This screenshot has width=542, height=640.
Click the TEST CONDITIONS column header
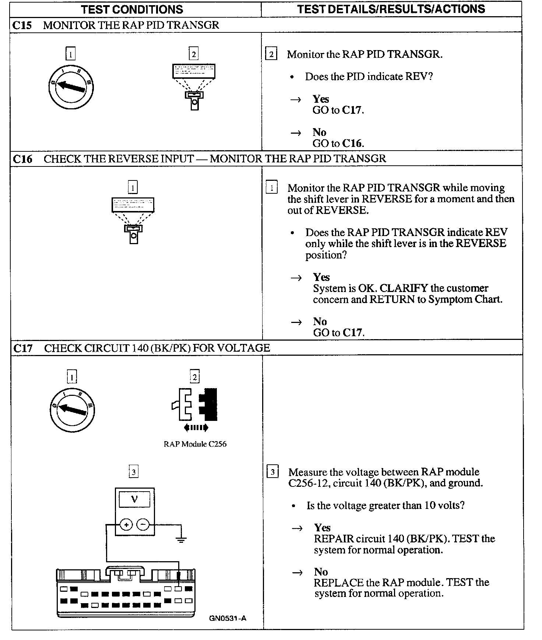coord(132,9)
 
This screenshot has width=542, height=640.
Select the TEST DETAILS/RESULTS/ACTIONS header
coord(391,9)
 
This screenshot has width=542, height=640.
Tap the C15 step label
coord(22,25)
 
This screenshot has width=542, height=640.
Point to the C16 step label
coord(22,159)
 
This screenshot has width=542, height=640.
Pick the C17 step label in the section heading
coord(23,348)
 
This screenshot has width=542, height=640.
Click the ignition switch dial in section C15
coord(71,87)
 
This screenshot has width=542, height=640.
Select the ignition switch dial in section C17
coord(72,409)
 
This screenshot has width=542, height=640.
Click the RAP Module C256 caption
coord(195,444)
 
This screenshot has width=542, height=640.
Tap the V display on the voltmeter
coord(134,499)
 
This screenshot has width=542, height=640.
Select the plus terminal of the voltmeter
coord(126,524)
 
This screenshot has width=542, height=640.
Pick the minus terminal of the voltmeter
coord(143,524)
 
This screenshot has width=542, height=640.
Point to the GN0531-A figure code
coord(228,618)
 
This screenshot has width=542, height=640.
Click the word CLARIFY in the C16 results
coord(404,288)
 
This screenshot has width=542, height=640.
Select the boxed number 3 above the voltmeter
coord(134,472)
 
